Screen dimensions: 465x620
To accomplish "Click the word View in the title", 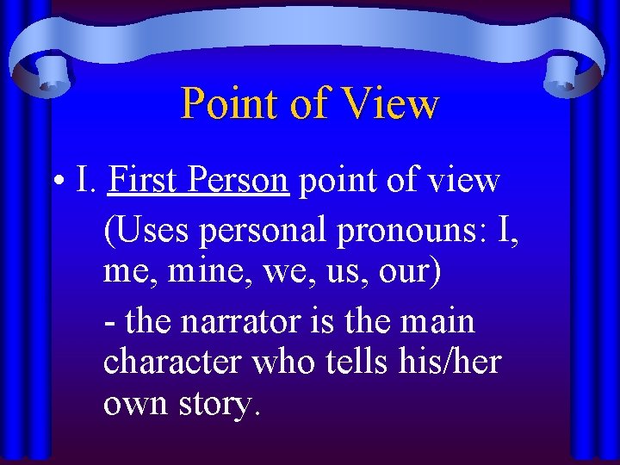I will [x=391, y=104].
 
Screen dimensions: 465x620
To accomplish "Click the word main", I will [x=437, y=321].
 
